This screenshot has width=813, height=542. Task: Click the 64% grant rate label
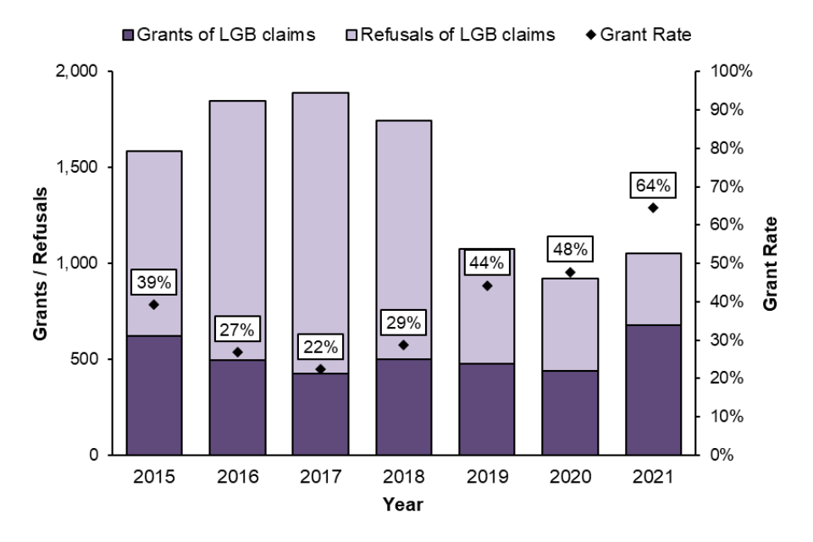653,185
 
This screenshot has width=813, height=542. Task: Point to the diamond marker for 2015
153,305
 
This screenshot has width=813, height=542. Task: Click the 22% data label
320,347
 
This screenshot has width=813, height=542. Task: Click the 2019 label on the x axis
486,478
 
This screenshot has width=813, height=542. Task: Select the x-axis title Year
403,506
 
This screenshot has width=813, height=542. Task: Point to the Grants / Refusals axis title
41,263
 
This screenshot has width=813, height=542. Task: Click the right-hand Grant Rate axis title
772,263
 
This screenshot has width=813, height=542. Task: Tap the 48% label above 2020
570,250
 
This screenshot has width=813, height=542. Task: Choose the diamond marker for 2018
403,345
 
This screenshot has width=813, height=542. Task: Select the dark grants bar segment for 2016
236,406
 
